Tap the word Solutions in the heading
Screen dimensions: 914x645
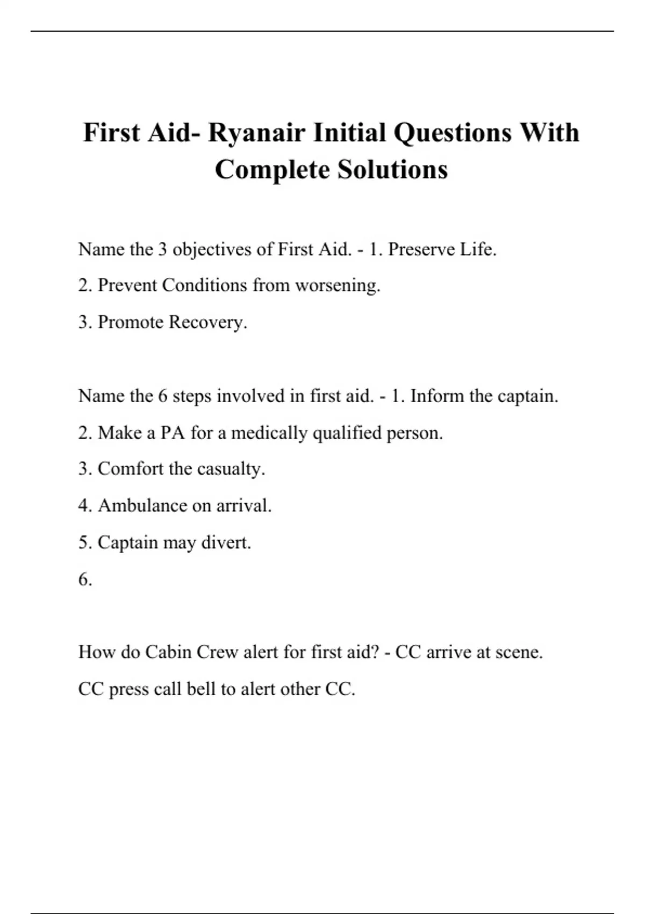392,170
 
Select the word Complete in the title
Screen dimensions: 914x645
272,170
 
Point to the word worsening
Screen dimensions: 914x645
338,285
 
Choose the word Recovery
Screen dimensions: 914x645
208,322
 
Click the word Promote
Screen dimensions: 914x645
131,322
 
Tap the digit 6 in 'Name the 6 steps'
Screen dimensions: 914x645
163,396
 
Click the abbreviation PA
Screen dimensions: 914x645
173,433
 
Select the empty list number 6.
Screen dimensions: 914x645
85,580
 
